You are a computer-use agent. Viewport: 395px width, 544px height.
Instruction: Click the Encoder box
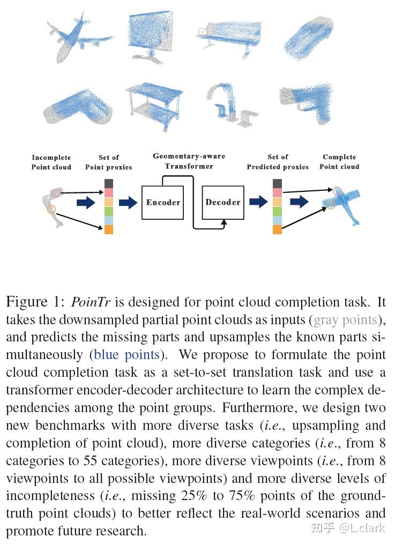[163, 203]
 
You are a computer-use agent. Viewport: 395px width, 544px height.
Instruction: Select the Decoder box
[223, 202]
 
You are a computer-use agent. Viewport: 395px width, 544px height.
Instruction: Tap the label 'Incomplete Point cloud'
[51, 162]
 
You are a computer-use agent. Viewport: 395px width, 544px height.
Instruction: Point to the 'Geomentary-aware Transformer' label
[189, 161]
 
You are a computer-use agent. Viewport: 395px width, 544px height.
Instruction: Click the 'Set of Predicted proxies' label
[278, 162]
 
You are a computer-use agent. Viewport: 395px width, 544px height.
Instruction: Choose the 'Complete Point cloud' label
[339, 162]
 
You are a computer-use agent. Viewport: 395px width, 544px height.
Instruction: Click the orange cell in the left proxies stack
[109, 229]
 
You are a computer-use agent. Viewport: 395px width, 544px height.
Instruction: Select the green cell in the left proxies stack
[109, 211]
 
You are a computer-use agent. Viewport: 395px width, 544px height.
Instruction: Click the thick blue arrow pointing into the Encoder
[128, 202]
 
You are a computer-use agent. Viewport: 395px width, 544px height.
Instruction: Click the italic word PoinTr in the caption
[91, 302]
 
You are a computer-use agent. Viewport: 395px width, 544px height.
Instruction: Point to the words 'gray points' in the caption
[345, 320]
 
